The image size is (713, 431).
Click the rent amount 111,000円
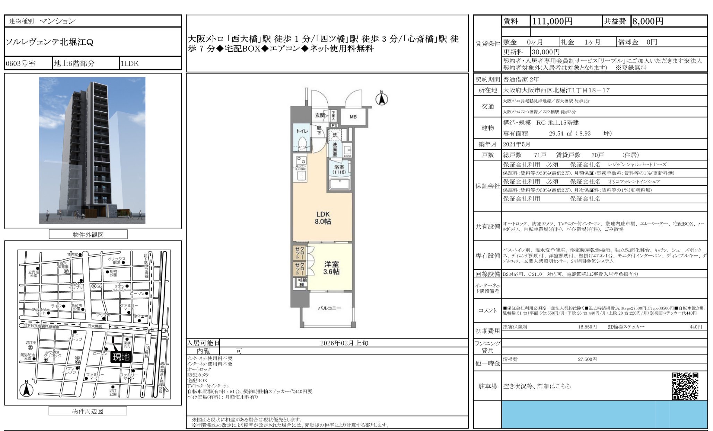[x=552, y=21]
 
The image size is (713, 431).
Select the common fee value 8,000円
[x=648, y=21]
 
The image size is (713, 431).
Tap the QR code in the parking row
[x=685, y=386]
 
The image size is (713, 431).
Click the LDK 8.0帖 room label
[x=323, y=218]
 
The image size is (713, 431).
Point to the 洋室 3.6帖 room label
[x=331, y=268]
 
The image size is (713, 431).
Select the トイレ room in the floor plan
[x=302, y=131]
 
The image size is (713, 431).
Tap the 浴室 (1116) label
[x=339, y=169]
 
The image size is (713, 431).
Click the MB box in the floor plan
[x=353, y=117]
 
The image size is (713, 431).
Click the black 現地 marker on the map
[x=121, y=357]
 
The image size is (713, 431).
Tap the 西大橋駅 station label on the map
[x=94, y=326]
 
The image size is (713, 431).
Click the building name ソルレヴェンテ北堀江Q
[x=50, y=42]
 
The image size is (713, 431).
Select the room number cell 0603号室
[x=21, y=64]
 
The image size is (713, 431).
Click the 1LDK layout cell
[x=129, y=64]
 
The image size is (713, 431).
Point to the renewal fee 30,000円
[x=546, y=52]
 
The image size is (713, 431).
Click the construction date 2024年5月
[x=517, y=144]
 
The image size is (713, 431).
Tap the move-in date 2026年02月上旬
[x=344, y=343]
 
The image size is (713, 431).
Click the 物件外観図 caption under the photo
[x=88, y=235]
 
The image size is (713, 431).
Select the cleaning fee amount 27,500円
[x=587, y=359]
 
